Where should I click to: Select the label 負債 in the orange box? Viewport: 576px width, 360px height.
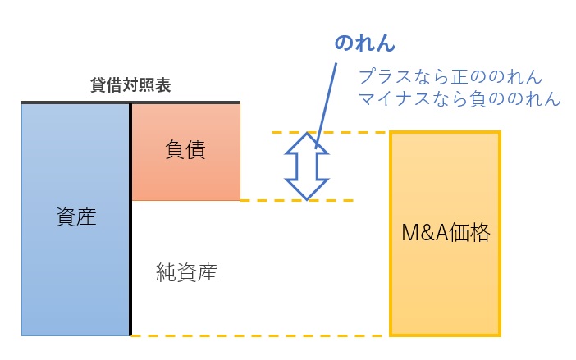pos(185,150)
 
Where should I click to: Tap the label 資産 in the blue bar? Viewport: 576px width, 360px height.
pos(76,217)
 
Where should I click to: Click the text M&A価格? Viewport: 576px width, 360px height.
pos(445,233)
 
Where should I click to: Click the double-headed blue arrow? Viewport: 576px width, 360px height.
pos(307,166)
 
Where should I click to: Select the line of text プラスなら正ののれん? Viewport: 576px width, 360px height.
pos(450,78)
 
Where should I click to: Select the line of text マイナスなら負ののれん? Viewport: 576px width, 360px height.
pos(459,99)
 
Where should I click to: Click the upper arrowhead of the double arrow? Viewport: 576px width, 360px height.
pos(307,144)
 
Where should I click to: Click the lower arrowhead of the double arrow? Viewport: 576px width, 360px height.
pos(307,189)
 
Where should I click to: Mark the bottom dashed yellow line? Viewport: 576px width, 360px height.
pos(263,335)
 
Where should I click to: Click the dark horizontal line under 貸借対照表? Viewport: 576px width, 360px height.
pos(130,103)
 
